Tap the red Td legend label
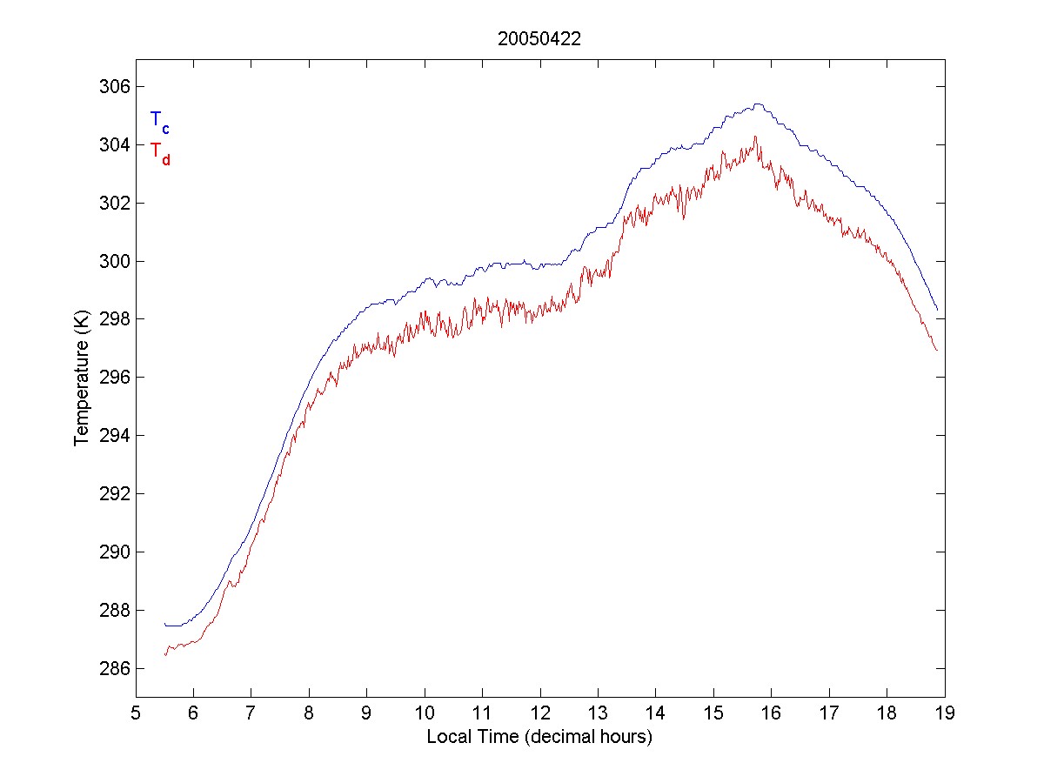click(159, 152)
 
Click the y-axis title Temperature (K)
click(82, 378)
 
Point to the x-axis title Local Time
click(539, 737)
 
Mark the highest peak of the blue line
click(757, 104)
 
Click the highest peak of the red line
click(755, 137)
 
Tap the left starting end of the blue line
click(164, 624)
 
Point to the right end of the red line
click(937, 351)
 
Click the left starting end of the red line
click(164, 654)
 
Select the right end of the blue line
click(937, 310)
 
